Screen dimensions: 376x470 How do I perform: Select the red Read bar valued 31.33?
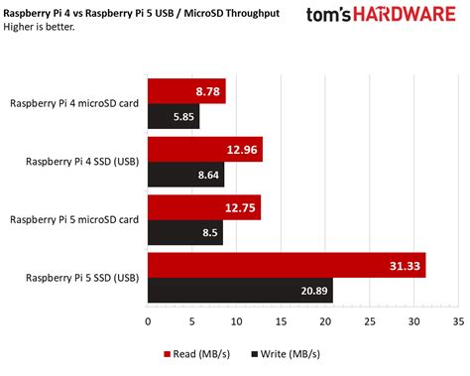287,265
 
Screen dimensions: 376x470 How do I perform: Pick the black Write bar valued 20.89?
240,290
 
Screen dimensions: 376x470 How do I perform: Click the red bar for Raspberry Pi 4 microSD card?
186,91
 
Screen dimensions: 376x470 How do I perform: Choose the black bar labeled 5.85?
174,116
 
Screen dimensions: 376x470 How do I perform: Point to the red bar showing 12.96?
205,150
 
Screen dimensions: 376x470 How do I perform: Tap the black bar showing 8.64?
185,174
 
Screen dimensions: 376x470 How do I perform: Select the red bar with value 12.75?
204,207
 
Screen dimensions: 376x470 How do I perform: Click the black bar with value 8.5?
185,232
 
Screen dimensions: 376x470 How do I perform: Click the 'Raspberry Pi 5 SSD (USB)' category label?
82,278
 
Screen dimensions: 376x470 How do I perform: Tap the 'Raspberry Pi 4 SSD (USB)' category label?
82,162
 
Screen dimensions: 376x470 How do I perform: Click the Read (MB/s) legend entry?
191,352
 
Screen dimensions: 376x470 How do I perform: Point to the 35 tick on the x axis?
457,321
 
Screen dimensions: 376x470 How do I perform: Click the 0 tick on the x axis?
148,321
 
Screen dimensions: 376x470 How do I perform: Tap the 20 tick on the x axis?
325,321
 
